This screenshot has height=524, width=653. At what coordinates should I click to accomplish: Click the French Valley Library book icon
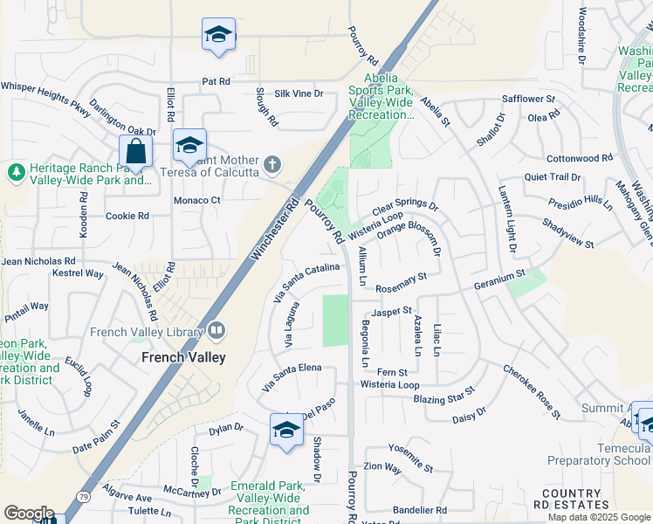216,331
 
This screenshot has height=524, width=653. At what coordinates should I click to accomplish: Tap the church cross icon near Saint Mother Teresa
272,164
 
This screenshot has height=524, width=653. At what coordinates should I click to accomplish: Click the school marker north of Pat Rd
218,34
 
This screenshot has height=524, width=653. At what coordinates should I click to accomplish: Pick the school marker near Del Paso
286,430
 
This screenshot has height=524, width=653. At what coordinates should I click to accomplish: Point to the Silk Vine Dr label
299,93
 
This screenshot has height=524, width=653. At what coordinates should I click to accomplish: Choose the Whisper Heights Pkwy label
45,86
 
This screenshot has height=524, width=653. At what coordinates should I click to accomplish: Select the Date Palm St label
95,438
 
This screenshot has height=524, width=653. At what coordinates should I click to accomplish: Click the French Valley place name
183,357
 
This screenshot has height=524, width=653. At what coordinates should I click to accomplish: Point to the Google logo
29,513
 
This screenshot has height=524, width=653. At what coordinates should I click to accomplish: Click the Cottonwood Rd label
581,158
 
